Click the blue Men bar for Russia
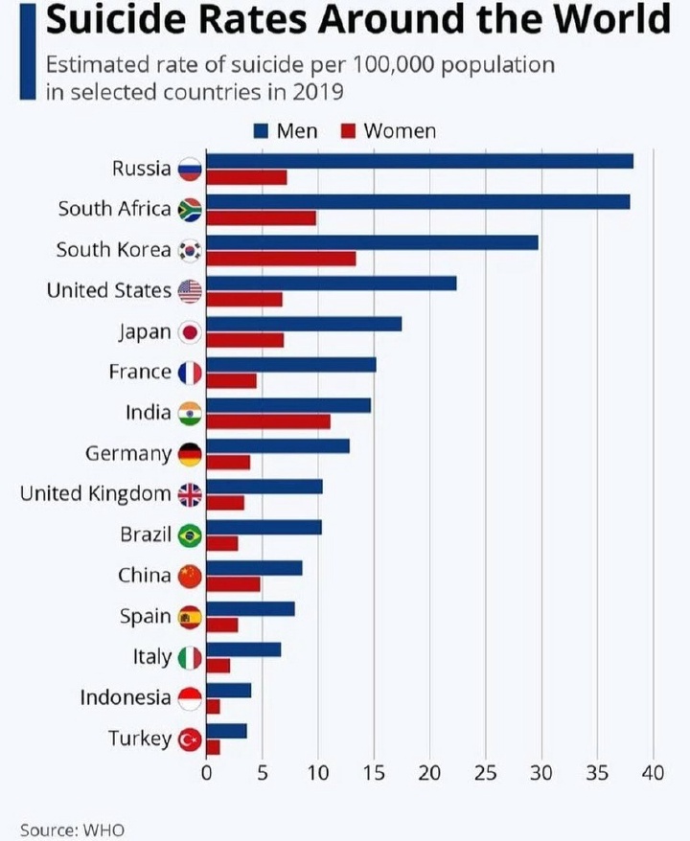[x=420, y=161]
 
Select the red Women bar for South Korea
[x=281, y=259]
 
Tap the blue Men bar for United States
[x=332, y=283]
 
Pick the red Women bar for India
[x=268, y=421]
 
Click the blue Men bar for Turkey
[x=226, y=731]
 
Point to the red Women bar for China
[x=233, y=584]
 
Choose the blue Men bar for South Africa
[x=418, y=201]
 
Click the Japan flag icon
[x=190, y=332]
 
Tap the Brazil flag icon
[x=190, y=534]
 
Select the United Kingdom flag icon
[x=190, y=494]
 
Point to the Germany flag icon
[x=190, y=454]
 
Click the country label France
[x=140, y=372]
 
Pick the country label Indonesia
[x=126, y=697]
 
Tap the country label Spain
[x=146, y=616]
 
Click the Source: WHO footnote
[x=72, y=830]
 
